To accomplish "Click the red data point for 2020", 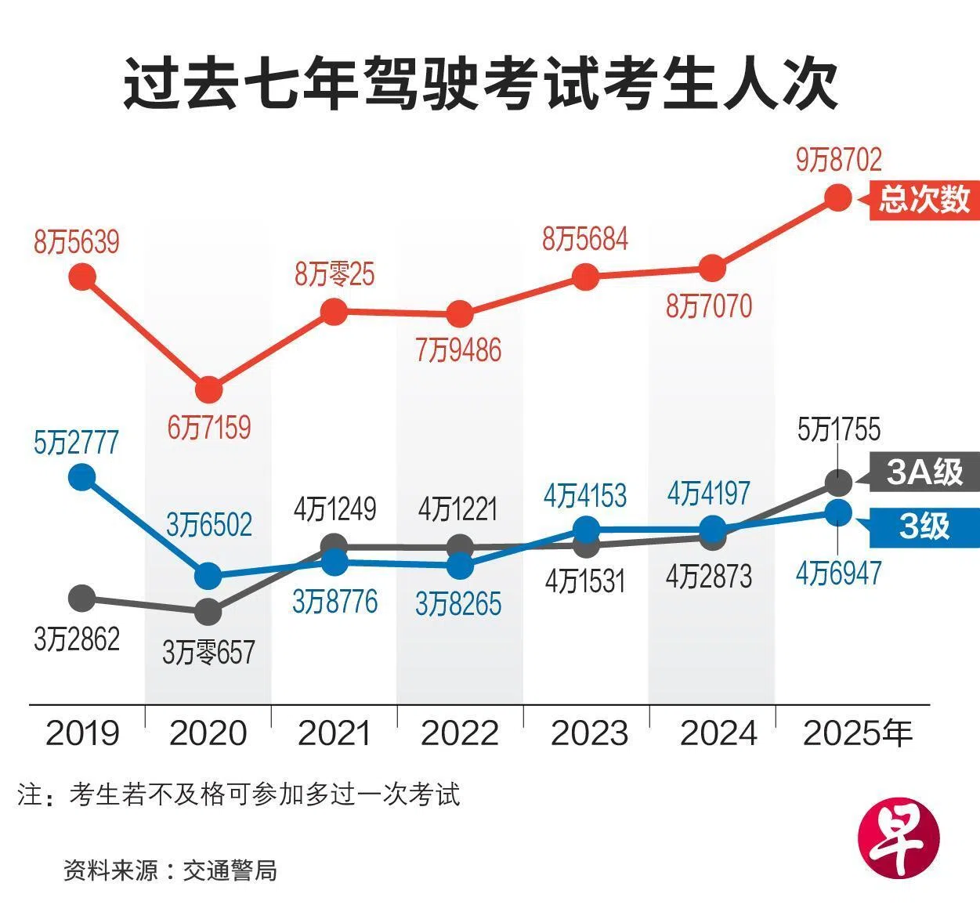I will pos(208,389).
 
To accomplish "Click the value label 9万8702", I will pos(838,161).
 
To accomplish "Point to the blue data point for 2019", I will pos(82,476).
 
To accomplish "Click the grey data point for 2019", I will pos(82,599).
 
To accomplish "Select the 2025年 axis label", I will pos(858,733).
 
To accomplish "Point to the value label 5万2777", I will pos(76,443).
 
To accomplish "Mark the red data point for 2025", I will pos(838,197).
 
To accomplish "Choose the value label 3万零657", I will pos(208,652).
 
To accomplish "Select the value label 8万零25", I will pos(335,274).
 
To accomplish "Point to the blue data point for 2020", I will pos(208,576).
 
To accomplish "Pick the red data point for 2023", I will pos(585,276).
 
